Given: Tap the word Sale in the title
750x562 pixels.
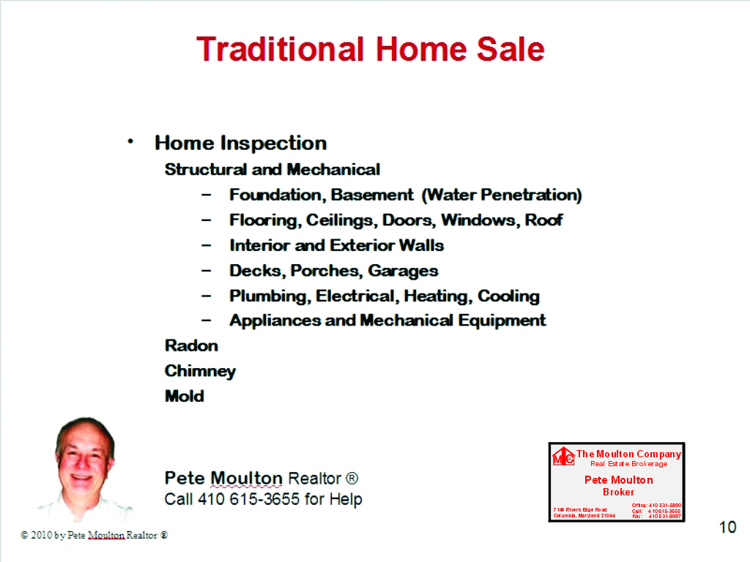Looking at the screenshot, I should (x=510, y=50).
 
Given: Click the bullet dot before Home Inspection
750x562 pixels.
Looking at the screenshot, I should (x=130, y=140).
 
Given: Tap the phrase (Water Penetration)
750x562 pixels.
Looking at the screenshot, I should (x=502, y=195).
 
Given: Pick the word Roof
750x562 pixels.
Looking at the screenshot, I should (x=543, y=220).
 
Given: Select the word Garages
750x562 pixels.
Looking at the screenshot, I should (x=403, y=271).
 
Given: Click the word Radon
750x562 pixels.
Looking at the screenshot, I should (x=191, y=345).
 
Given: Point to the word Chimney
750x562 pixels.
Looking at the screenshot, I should (x=200, y=371).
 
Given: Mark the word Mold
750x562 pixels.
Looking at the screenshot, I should (x=185, y=397).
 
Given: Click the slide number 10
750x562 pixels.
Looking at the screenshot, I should (x=727, y=527).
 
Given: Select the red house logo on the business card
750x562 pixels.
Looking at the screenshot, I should (x=563, y=456).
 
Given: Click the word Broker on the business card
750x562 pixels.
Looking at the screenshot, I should (x=618, y=492).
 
